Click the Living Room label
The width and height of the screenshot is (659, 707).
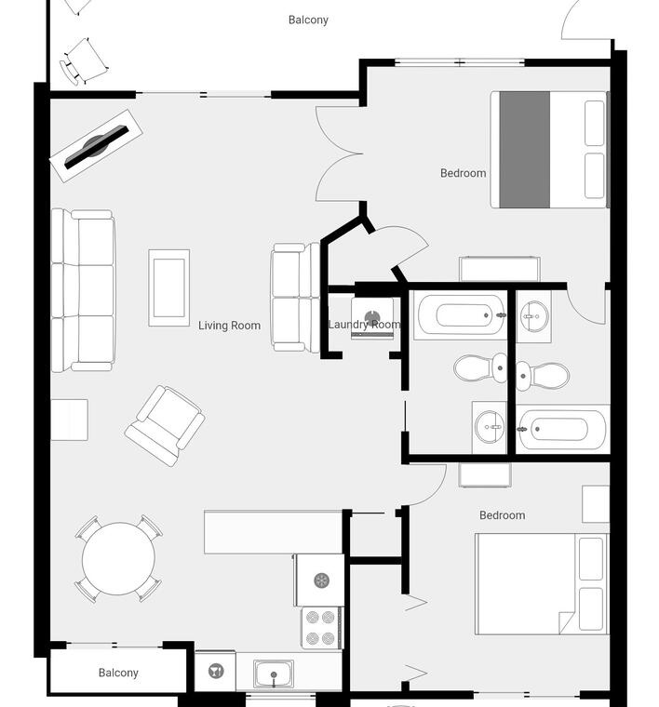tap(229, 325)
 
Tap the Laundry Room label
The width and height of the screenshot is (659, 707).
tap(364, 324)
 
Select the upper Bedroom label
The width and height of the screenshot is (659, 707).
tap(463, 173)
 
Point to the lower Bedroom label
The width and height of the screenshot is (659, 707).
tap(502, 515)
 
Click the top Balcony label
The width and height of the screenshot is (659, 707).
tap(308, 20)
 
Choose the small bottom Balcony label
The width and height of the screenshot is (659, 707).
tap(118, 673)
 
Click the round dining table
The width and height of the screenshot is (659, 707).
tap(118, 559)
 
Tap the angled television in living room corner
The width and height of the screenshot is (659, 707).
tap(96, 146)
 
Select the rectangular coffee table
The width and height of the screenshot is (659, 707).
tap(169, 287)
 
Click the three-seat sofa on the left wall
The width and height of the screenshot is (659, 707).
tap(84, 290)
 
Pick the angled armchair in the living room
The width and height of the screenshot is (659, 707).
tap(165, 426)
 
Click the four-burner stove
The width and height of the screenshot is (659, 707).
tap(322, 628)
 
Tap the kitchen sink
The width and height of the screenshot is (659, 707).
tap(274, 674)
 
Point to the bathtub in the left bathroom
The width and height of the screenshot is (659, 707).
tap(460, 314)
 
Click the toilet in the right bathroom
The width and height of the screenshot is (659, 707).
tap(543, 376)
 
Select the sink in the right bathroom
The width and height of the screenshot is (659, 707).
tap(534, 316)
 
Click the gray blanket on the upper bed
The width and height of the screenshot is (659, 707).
tap(525, 150)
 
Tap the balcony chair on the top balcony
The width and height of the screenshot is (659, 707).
tap(85, 62)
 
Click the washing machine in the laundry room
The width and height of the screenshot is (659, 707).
tap(372, 318)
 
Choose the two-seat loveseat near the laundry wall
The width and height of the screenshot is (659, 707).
tap(295, 298)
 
